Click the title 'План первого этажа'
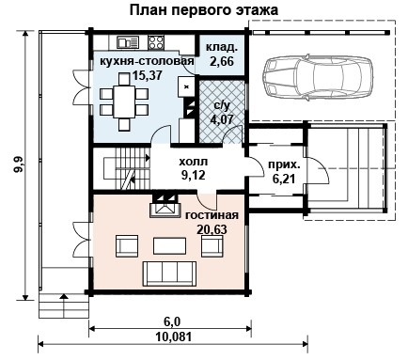pos(204,10)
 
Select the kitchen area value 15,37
pos(147,73)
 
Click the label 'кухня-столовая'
pos(147,60)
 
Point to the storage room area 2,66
pos(222,60)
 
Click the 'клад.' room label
pos(222,45)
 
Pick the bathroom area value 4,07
pos(223,119)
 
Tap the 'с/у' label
pos(224,106)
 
